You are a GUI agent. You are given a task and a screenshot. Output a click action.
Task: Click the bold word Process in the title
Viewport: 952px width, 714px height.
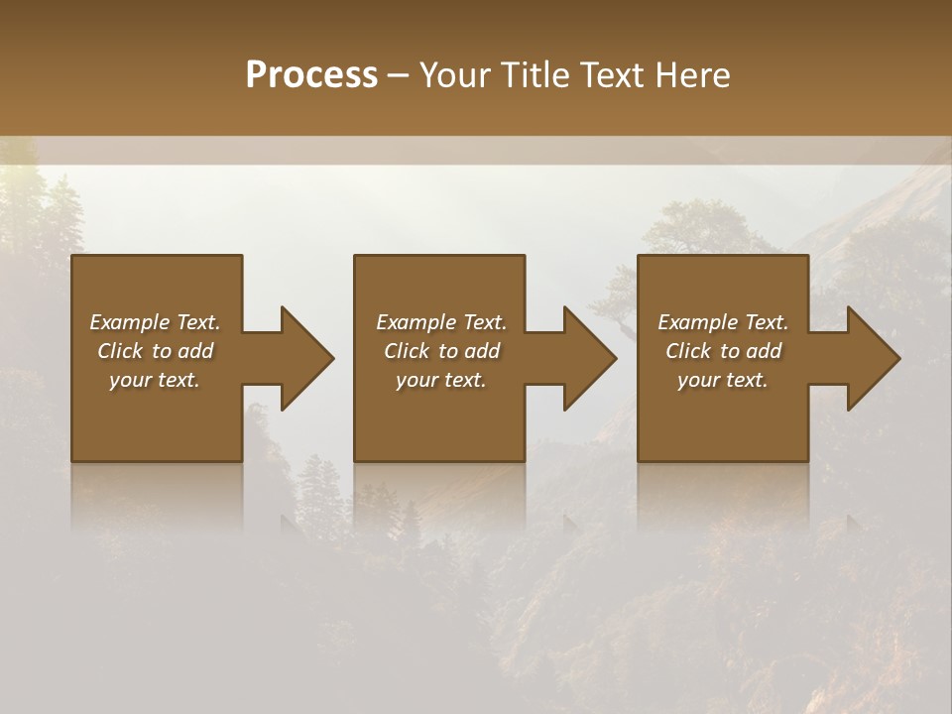tap(311, 75)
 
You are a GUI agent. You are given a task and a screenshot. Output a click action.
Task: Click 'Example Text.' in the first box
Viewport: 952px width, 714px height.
tap(155, 322)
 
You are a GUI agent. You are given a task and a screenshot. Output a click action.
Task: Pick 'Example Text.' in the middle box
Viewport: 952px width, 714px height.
tap(441, 322)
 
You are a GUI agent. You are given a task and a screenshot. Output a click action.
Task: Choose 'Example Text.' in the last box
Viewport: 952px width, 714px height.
tap(723, 322)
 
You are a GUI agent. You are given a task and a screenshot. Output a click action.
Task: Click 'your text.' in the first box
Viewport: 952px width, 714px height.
tap(155, 380)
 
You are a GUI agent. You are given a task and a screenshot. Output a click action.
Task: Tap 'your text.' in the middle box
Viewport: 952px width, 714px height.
tap(441, 380)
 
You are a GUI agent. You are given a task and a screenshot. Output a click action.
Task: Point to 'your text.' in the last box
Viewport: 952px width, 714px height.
tap(723, 380)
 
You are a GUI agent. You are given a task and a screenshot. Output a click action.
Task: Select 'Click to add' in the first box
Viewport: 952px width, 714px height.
tap(155, 351)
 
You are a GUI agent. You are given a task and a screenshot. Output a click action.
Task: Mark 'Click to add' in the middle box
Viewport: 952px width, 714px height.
tap(441, 351)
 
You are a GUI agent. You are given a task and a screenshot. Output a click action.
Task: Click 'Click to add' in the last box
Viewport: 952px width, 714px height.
tap(723, 351)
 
